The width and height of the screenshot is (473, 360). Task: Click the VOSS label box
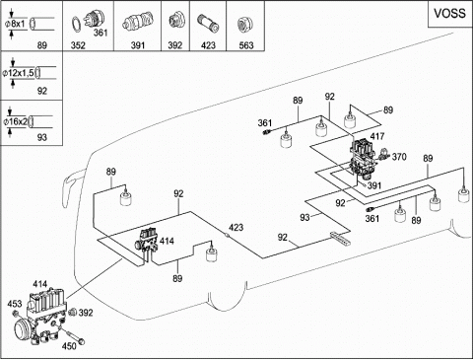tap(450, 14)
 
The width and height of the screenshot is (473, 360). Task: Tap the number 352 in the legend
tap(78, 45)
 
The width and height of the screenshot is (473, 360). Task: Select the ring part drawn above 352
tap(76, 25)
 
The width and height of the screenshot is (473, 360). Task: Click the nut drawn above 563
tap(244, 25)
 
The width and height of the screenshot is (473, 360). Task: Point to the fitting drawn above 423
tap(208, 24)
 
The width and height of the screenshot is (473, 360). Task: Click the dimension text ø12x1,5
tap(18, 73)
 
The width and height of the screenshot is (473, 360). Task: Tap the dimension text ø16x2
tap(16, 121)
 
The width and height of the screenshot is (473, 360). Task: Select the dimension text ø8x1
tap(15, 25)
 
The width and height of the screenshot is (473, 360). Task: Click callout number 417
tap(377, 136)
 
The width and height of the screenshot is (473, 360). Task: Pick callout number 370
tap(399, 157)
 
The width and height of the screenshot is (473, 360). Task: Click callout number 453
tap(15, 304)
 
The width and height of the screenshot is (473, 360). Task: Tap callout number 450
tap(69, 345)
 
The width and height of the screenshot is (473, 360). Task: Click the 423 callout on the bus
tap(236, 227)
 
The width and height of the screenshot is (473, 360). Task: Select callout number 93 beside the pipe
tap(304, 217)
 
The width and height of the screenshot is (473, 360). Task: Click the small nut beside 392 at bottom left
tap(73, 312)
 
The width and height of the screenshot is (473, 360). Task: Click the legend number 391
tap(138, 45)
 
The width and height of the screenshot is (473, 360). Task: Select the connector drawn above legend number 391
tap(138, 23)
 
